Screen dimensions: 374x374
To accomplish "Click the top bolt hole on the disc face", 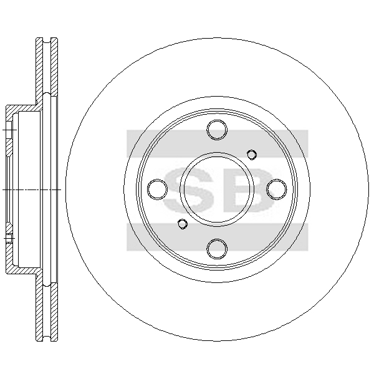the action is [x=217, y=130].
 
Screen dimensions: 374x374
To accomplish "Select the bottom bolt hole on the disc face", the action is [x=217, y=249].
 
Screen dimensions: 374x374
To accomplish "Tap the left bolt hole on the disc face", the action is [x=158, y=189].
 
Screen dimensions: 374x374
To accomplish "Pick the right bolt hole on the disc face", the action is [x=277, y=189].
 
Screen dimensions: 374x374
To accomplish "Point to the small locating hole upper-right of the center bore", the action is [x=252, y=155].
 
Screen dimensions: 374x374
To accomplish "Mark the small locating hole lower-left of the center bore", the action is [x=183, y=224].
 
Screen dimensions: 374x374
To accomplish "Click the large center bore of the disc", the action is [x=217, y=189].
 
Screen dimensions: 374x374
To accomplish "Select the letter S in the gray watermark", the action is [x=188, y=189].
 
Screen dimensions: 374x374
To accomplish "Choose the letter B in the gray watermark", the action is [x=253, y=189].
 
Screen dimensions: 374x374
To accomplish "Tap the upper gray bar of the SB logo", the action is [x=217, y=143].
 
